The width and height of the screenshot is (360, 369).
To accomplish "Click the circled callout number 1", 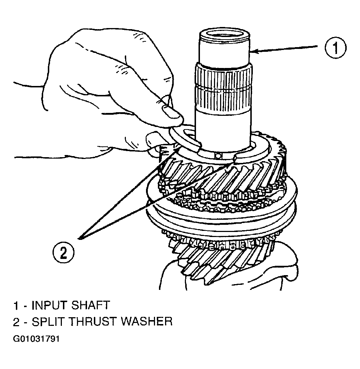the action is (x=336, y=48).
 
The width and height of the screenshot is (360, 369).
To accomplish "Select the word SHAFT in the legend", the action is (x=91, y=305).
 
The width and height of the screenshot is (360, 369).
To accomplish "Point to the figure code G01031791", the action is (x=36, y=339).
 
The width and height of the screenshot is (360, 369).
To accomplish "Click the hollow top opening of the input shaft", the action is (x=224, y=33).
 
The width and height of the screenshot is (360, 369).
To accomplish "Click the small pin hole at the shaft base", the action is (x=218, y=156).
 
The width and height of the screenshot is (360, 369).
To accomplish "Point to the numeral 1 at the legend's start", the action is (x=16, y=305).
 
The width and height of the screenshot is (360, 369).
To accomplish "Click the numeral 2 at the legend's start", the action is (x=17, y=322).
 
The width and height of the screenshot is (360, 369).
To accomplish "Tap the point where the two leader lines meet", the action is (x=80, y=238).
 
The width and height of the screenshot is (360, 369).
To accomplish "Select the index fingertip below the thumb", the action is (x=153, y=139).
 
